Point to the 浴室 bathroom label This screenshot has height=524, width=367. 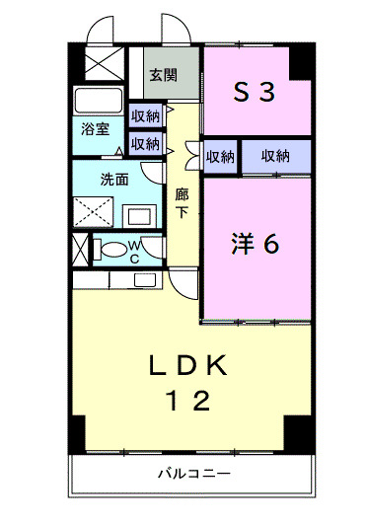coord(95,129)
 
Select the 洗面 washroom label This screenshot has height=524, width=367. coord(114,181)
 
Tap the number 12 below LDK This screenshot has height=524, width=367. coord(187,402)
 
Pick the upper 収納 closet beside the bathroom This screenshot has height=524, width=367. coord(146,116)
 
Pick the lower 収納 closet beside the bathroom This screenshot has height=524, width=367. coord(146,143)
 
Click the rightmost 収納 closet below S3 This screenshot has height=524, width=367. coord(275,155)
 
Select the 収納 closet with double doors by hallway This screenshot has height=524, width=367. coord(220,156)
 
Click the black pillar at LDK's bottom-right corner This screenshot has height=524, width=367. coord(295,430)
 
